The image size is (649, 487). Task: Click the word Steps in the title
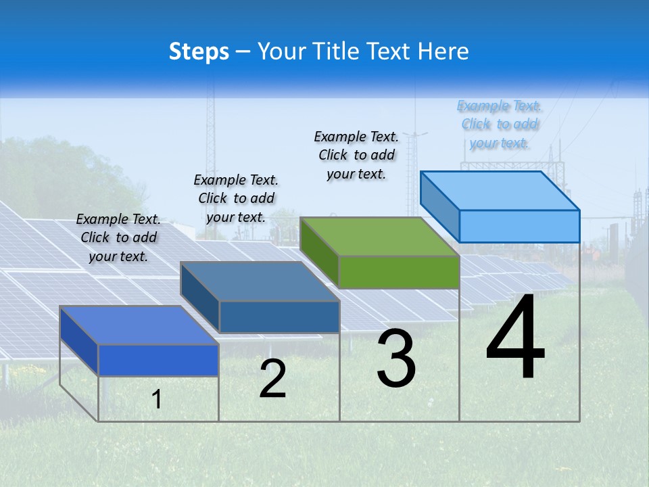pyautogui.click(x=199, y=51)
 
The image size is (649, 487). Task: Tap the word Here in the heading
pyautogui.click(x=443, y=51)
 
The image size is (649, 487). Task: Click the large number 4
pyautogui.click(x=515, y=339)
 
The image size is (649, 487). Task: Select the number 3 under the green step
pyautogui.click(x=396, y=359)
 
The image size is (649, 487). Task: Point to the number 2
pyautogui.click(x=272, y=379)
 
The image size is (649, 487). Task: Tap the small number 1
pyautogui.click(x=157, y=400)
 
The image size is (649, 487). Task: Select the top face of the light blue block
pyautogui.click(x=500, y=190)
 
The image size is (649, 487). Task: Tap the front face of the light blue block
pyautogui.click(x=519, y=226)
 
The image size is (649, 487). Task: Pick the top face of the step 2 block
pyautogui.click(x=260, y=281)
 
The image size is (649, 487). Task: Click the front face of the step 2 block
pyautogui.click(x=279, y=317)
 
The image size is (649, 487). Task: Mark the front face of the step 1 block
pyautogui.click(x=158, y=360)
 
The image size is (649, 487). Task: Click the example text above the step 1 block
pyautogui.click(x=118, y=237)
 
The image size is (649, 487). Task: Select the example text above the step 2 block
pyautogui.click(x=236, y=198)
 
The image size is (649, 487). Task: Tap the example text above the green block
pyautogui.click(x=356, y=155)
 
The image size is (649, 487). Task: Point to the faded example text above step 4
pyautogui.click(x=500, y=124)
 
